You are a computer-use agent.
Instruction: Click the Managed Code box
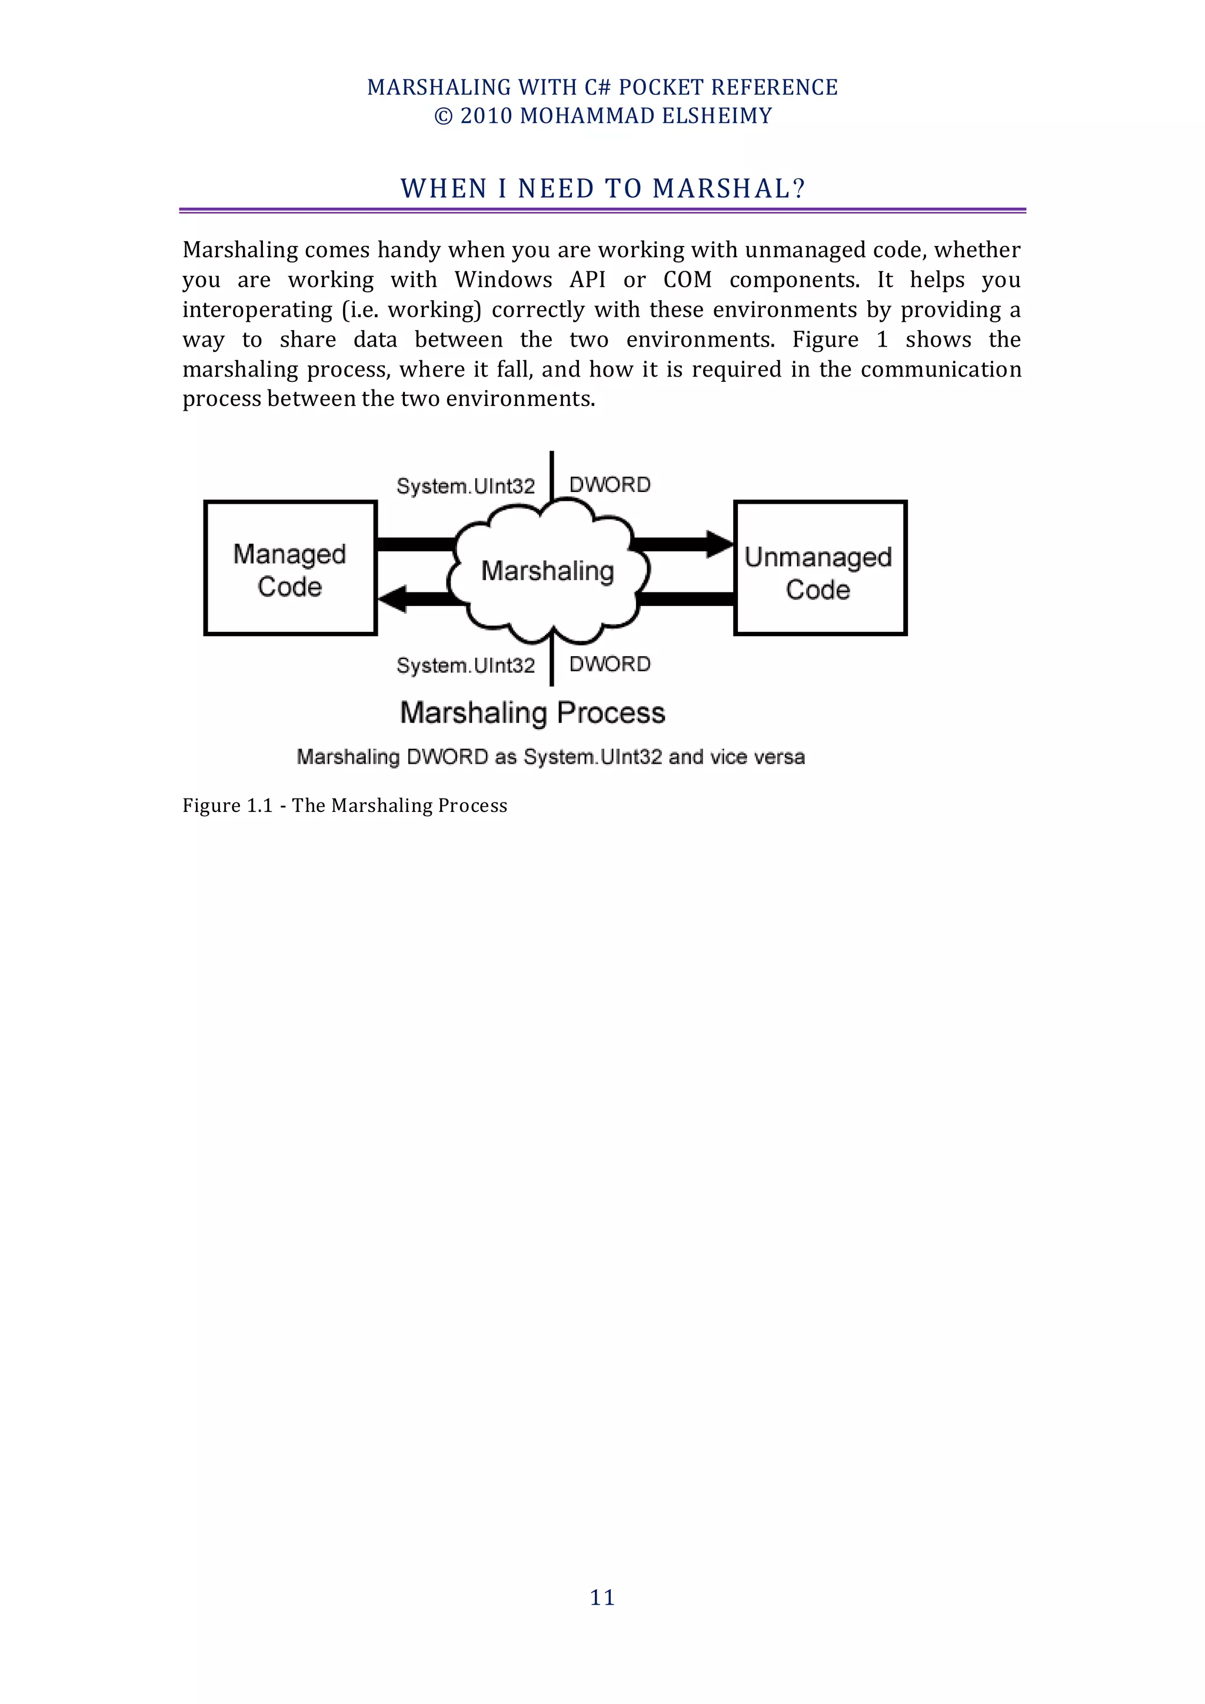pos(290,568)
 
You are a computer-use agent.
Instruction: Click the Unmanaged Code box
pos(820,568)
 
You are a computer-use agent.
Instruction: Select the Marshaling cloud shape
pos(548,570)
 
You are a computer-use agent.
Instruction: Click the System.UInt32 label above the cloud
pos(465,486)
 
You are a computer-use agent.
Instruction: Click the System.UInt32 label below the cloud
pos(465,665)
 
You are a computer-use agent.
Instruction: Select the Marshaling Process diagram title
pos(532,713)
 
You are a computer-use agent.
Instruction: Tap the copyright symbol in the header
pos(443,117)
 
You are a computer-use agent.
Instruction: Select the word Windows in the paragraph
pos(503,280)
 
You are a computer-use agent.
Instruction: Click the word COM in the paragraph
pos(687,280)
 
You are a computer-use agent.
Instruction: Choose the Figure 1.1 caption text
pos(344,806)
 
